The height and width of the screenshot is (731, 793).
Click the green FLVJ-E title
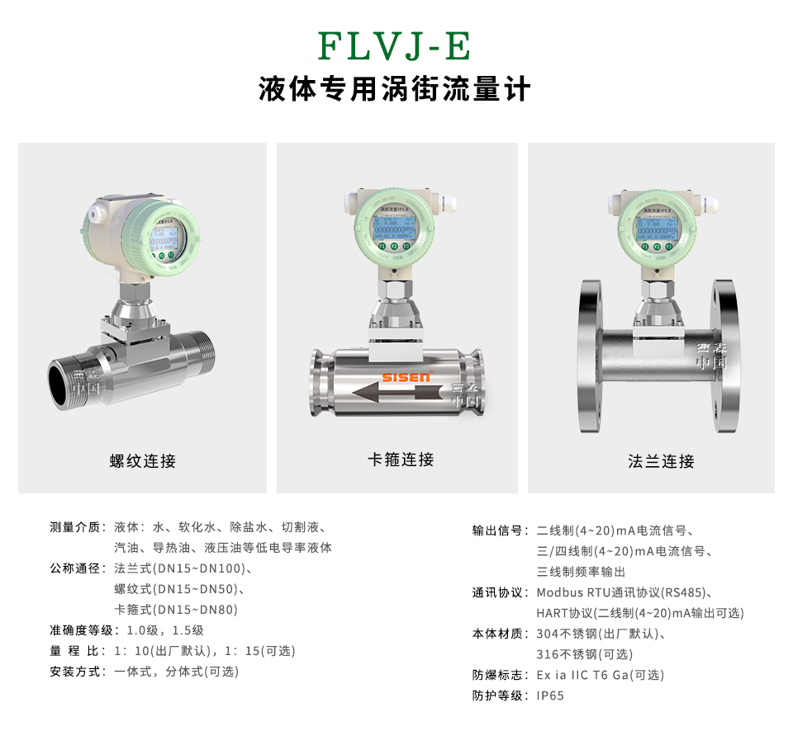point(395,46)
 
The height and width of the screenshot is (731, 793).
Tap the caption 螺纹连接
point(143,461)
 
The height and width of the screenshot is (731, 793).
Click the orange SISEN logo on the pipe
point(406,377)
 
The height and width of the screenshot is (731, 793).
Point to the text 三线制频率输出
point(581,572)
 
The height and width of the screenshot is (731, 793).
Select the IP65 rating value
point(550,696)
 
